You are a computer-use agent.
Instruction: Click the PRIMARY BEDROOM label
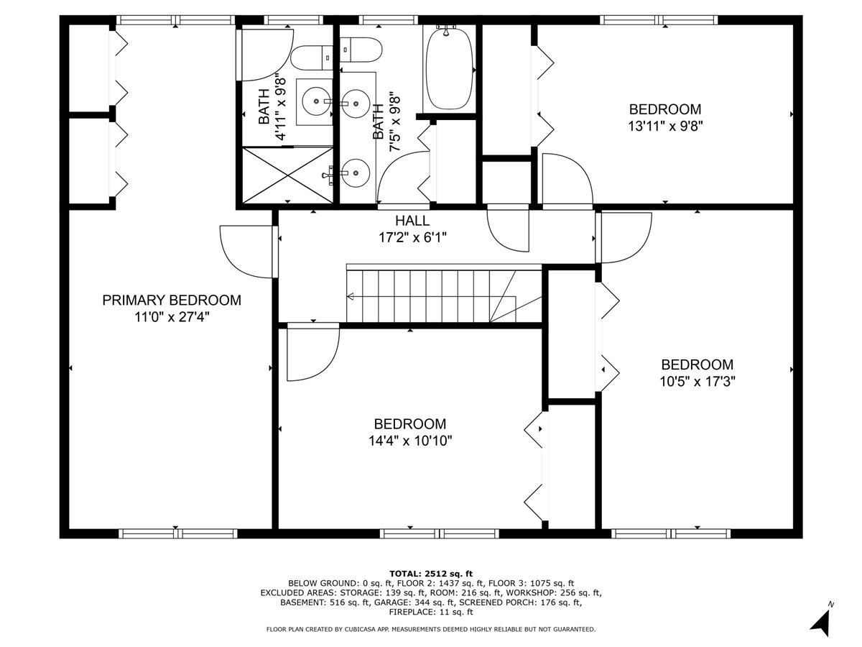(x=171, y=300)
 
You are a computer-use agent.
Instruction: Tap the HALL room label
(x=412, y=221)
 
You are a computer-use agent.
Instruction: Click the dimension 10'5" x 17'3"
(x=697, y=381)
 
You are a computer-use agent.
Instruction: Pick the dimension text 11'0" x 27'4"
(x=171, y=317)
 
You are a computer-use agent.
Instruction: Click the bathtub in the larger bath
(x=449, y=68)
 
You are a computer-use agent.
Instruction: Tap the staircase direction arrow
(x=352, y=296)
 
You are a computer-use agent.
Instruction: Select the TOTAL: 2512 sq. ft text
(x=431, y=573)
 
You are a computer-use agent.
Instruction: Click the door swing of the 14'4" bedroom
(x=310, y=354)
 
